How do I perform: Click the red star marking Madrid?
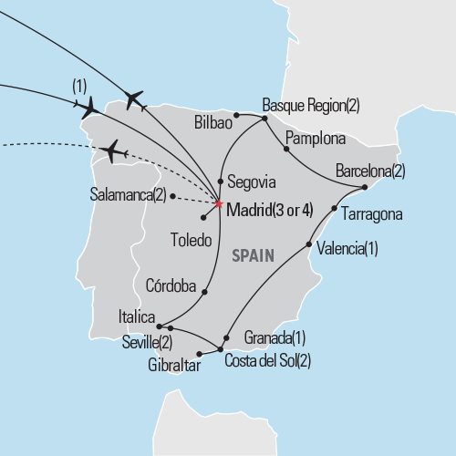220,203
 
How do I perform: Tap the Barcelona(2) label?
370,171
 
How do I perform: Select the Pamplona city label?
316,140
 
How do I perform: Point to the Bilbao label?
213,121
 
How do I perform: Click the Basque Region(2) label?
311,105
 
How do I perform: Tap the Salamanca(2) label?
130,194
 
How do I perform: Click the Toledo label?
192,242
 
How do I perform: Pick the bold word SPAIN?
253,258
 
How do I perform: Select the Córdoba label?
171,285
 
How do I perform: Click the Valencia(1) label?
347,249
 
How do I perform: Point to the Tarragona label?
371,215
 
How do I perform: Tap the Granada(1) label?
275,337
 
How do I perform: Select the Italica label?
138,317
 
